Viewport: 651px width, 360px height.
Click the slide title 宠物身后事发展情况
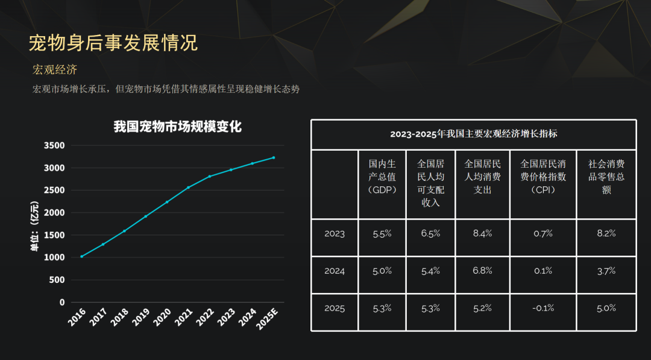pos(113,43)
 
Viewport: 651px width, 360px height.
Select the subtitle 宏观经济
pos(55,70)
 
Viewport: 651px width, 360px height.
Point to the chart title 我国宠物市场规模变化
pos(178,127)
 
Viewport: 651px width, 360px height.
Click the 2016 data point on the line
pos(82,256)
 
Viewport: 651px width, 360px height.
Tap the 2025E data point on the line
pos(273,157)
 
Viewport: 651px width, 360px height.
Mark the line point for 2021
pos(188,188)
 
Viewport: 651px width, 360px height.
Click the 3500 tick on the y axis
pos(54,145)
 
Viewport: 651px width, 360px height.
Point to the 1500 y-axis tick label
pos(54,235)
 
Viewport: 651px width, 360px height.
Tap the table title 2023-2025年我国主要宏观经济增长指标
pos(473,134)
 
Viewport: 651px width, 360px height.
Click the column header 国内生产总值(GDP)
pos(383,177)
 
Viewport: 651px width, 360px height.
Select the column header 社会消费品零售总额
pos(606,177)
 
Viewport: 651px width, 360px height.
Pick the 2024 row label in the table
pos(335,271)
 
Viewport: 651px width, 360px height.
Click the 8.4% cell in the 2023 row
pos(482,234)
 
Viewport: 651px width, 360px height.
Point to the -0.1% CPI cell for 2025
pos(543,308)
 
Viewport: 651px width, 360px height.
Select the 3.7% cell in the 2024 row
pos(606,271)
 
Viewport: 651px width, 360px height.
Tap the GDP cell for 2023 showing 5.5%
pos(383,234)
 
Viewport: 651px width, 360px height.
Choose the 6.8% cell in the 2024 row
pos(482,271)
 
